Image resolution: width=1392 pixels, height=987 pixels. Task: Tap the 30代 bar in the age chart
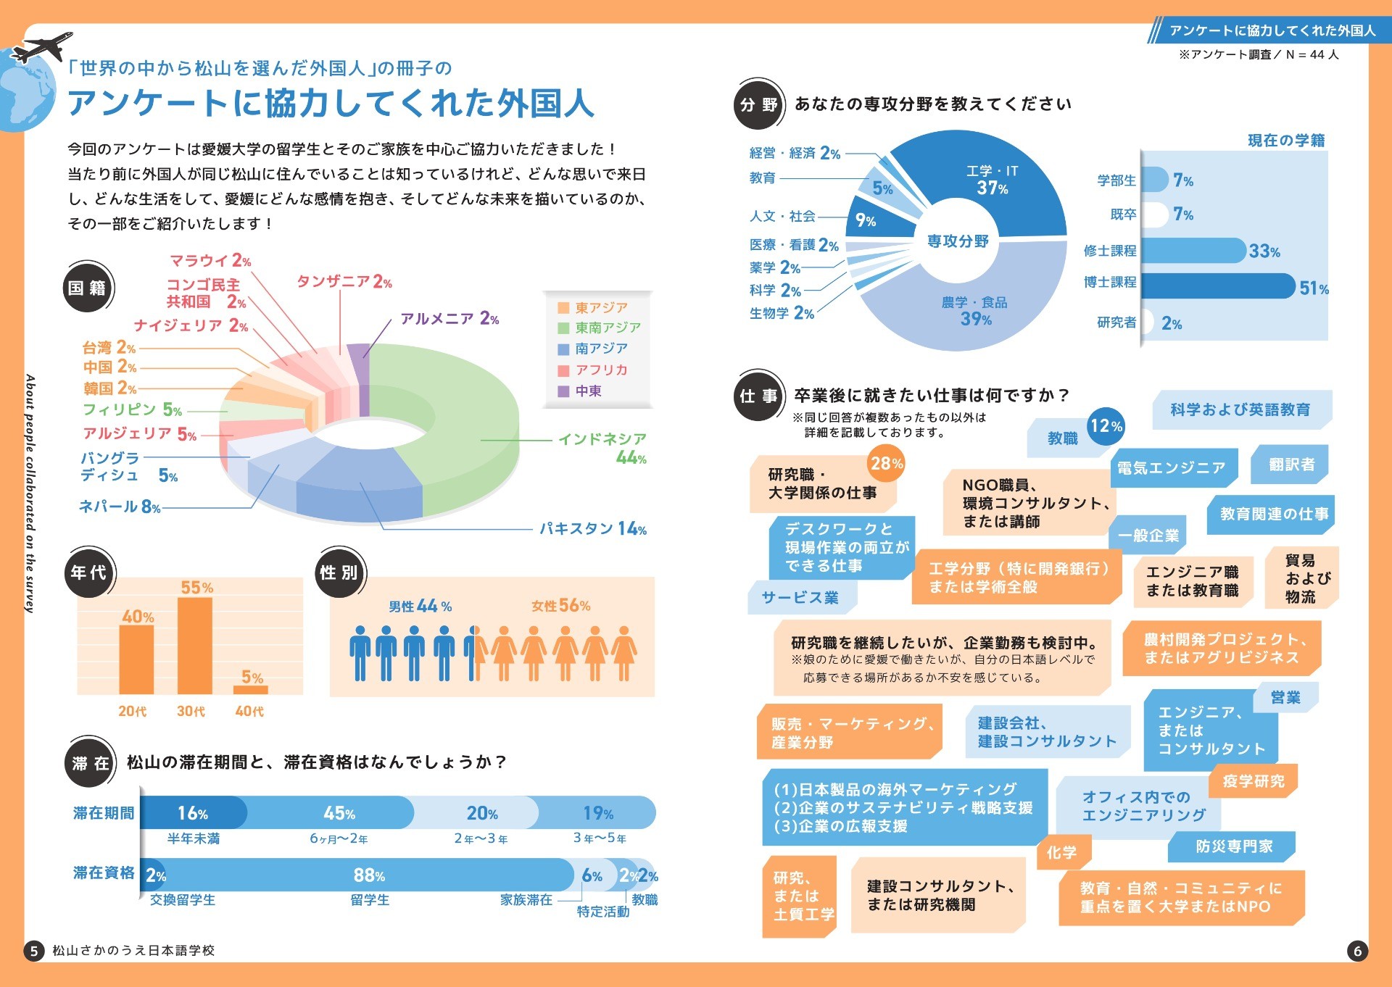(195, 645)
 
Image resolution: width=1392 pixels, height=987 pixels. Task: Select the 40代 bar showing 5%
(251, 689)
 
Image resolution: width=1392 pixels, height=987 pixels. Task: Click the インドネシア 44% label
(602, 448)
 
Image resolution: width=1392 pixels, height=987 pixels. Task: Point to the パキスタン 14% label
(592, 529)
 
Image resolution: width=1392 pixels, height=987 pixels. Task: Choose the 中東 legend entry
(588, 391)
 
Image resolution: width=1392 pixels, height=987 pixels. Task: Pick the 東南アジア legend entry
(607, 328)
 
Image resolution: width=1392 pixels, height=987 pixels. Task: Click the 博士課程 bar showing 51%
(1218, 286)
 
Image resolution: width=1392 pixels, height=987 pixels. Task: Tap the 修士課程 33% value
(1264, 251)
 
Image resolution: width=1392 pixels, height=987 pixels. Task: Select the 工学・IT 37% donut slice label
(992, 180)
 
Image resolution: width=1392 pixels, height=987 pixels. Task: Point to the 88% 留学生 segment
(369, 875)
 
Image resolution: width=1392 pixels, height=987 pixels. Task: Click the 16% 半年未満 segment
(193, 813)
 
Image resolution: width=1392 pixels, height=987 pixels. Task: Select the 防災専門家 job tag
(1233, 846)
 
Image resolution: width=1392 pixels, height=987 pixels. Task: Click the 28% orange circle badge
(886, 464)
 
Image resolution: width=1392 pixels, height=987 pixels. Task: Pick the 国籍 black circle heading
(88, 288)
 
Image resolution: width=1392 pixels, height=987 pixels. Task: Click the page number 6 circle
(1357, 951)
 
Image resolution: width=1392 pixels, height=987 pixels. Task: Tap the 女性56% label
(560, 606)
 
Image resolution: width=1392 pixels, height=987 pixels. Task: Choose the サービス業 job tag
(800, 598)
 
